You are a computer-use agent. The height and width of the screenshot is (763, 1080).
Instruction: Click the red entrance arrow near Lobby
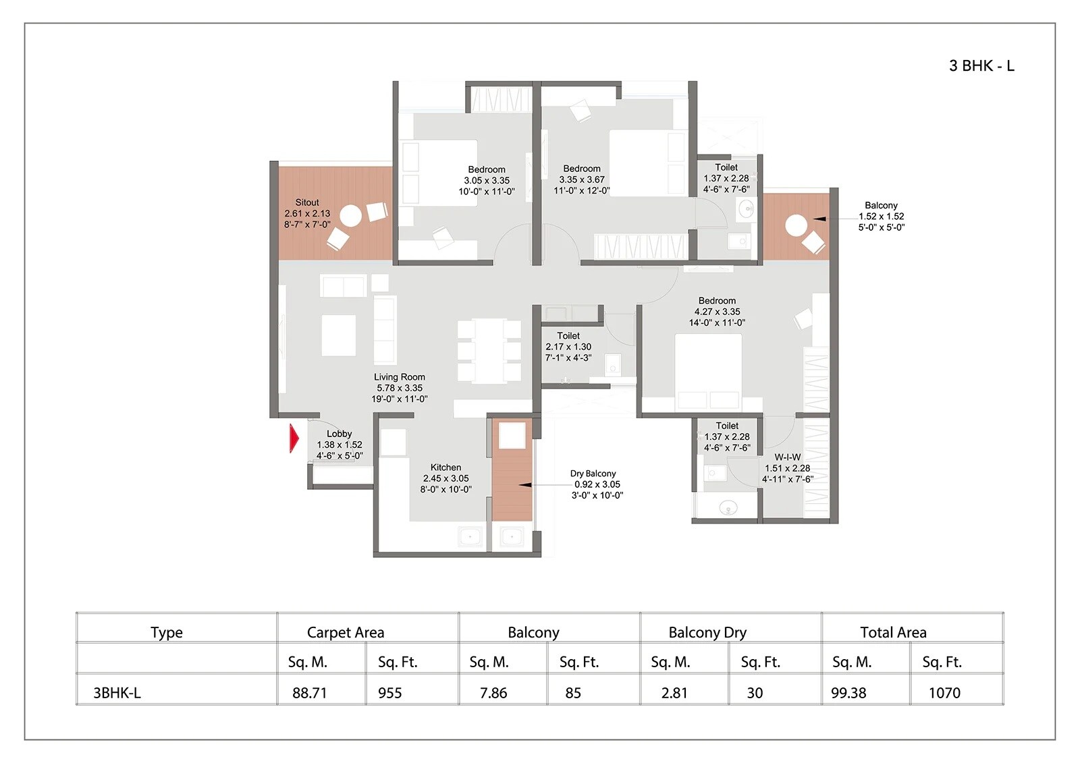tap(294, 439)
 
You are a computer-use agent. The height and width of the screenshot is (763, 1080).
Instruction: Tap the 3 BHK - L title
tap(981, 65)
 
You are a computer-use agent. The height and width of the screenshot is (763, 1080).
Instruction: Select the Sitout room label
tap(307, 202)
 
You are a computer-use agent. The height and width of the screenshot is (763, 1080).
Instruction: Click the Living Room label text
tap(400, 377)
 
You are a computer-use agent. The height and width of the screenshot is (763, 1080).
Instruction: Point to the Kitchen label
tap(446, 468)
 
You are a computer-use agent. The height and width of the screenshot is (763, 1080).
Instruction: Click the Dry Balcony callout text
tap(593, 474)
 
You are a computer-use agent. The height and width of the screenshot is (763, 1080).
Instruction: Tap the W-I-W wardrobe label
tap(787, 457)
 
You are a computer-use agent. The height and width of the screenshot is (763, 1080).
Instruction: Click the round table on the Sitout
tap(350, 216)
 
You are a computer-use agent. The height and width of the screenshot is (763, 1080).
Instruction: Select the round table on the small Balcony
tap(796, 224)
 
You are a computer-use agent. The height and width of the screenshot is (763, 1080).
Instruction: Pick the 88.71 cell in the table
tap(310, 693)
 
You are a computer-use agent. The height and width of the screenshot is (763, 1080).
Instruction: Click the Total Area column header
tap(893, 632)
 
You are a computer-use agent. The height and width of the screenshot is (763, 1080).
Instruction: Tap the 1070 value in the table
tap(944, 693)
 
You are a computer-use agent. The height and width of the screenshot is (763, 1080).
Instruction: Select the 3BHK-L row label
tap(117, 693)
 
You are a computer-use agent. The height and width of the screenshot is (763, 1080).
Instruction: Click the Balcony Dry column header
tap(707, 632)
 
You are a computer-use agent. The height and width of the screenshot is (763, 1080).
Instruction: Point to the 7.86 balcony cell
tap(493, 693)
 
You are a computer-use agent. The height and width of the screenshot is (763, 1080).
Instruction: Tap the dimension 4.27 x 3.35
tap(717, 312)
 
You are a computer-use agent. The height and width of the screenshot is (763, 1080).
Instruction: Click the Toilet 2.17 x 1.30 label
tap(568, 346)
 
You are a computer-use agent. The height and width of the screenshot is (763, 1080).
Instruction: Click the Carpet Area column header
tap(346, 632)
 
